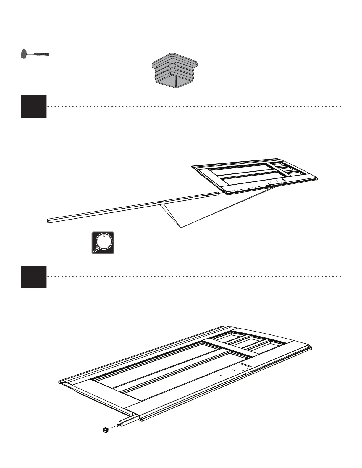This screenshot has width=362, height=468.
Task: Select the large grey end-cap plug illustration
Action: point(175,71)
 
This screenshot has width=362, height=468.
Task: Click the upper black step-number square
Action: point(33,106)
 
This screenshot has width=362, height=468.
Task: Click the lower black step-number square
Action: point(33,277)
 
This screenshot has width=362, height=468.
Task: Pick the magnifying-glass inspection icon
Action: point(103,243)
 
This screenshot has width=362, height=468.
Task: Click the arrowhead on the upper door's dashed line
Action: point(270,185)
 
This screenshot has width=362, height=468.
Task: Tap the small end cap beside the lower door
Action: point(105,430)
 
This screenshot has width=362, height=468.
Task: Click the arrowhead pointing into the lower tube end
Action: point(119,425)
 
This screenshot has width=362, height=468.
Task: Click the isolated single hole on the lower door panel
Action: point(221,375)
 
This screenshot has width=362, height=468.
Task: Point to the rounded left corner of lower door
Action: point(61,382)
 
